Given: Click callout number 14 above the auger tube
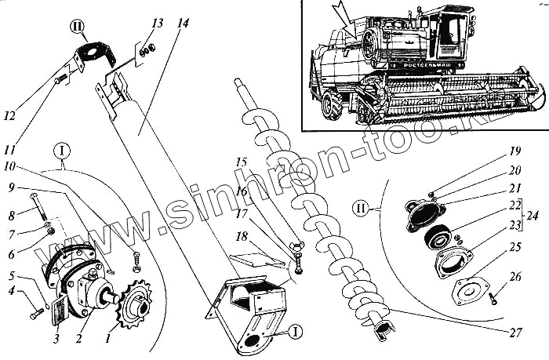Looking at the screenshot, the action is [x=184, y=24].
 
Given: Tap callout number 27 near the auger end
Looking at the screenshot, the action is [x=514, y=333].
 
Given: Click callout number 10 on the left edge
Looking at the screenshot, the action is [x=9, y=165].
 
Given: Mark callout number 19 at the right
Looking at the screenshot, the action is [x=514, y=149].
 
